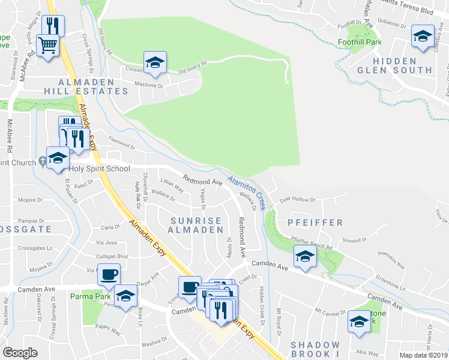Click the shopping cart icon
(x=48, y=45)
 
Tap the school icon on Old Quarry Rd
(x=155, y=62)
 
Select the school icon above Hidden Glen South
(x=423, y=37)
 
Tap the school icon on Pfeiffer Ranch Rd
(x=305, y=257)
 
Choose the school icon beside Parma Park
(x=126, y=295)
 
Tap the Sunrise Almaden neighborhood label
(x=195, y=226)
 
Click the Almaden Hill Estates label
(x=93, y=86)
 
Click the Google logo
(x=20, y=353)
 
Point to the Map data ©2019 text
(x=424, y=355)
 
